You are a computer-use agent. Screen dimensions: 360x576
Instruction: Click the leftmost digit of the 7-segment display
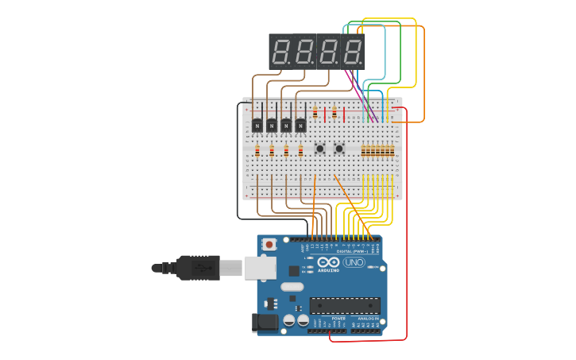(280, 52)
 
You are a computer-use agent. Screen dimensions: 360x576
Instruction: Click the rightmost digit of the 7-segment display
(352, 52)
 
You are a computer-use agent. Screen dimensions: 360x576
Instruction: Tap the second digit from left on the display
(304, 52)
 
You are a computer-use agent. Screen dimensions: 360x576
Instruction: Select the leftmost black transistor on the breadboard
(257, 125)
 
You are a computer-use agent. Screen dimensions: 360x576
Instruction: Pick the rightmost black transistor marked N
(300, 125)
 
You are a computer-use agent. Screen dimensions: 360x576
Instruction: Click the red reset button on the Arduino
(269, 244)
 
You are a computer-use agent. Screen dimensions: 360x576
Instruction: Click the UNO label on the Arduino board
(354, 262)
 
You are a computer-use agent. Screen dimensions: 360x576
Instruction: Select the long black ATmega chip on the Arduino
(345, 305)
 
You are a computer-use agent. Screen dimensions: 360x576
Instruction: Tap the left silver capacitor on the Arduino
(289, 320)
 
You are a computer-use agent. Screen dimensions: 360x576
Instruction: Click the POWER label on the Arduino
(338, 318)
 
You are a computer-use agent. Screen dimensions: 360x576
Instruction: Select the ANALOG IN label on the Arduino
(368, 318)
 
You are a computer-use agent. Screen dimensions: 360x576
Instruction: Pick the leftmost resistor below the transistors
(257, 150)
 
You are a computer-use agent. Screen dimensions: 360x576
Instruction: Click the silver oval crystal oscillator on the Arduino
(292, 287)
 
